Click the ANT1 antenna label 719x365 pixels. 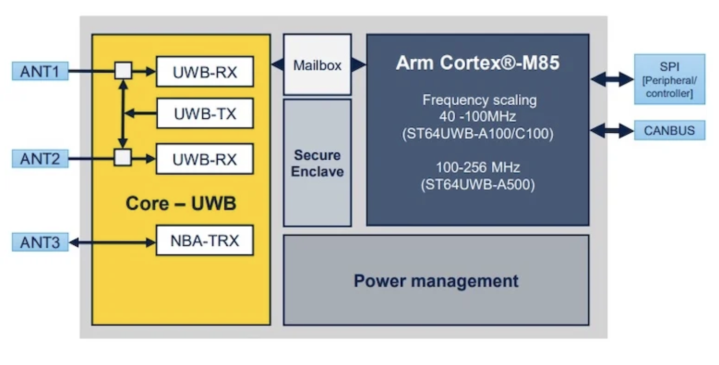[40, 71]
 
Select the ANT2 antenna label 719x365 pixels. [40, 159]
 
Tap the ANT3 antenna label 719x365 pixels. [40, 242]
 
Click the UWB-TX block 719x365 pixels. [205, 113]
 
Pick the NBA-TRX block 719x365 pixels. [205, 240]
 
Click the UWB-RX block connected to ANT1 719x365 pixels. [205, 72]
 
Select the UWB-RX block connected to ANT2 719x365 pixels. [205, 159]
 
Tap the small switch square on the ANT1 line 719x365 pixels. [123, 71]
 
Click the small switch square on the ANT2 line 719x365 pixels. [123, 157]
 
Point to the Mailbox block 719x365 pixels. [317, 65]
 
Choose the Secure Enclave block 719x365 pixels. [317, 163]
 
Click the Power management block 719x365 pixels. [436, 281]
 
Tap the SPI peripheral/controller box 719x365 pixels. [669, 79]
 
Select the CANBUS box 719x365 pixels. [669, 130]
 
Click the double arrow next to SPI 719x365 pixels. [612, 79]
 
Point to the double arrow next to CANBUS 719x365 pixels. [612, 130]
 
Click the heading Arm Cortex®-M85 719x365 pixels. [477, 63]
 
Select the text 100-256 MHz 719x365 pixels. [477, 167]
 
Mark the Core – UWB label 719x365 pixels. [181, 203]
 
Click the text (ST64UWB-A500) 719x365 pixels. [477, 185]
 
